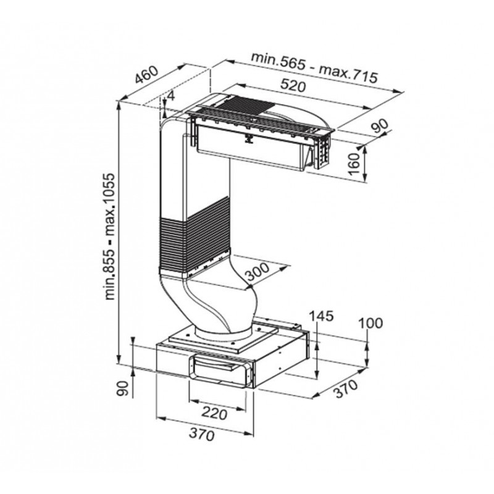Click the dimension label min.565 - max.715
tap(314, 67)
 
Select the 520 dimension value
tap(293, 86)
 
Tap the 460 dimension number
tap(146, 75)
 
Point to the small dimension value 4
tap(171, 96)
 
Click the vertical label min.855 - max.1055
tap(111, 236)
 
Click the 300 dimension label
tap(257, 271)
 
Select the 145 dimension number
tap(320, 316)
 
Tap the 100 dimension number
tap(371, 323)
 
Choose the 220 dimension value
tap(214, 413)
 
